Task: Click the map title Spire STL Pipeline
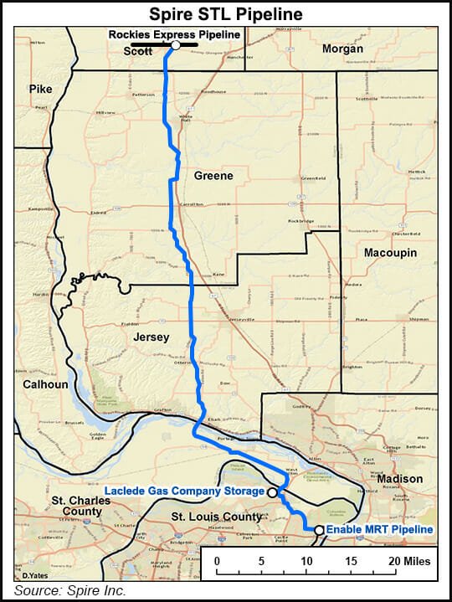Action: pyautogui.click(x=225, y=14)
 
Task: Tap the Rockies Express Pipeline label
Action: pyautogui.click(x=176, y=34)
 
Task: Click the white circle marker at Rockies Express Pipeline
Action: pyautogui.click(x=176, y=46)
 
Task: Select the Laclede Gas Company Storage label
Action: pyautogui.click(x=184, y=491)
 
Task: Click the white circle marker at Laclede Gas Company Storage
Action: pyautogui.click(x=272, y=493)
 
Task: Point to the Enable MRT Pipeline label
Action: pyautogui.click(x=379, y=529)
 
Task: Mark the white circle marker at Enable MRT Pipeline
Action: pyautogui.click(x=319, y=529)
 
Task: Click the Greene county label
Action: pyautogui.click(x=213, y=176)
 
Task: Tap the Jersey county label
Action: pyautogui.click(x=151, y=337)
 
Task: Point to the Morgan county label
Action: pyautogui.click(x=343, y=49)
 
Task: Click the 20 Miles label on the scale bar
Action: pyautogui.click(x=408, y=560)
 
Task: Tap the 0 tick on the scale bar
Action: pyautogui.click(x=217, y=560)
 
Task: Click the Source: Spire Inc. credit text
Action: pyautogui.click(x=69, y=591)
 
